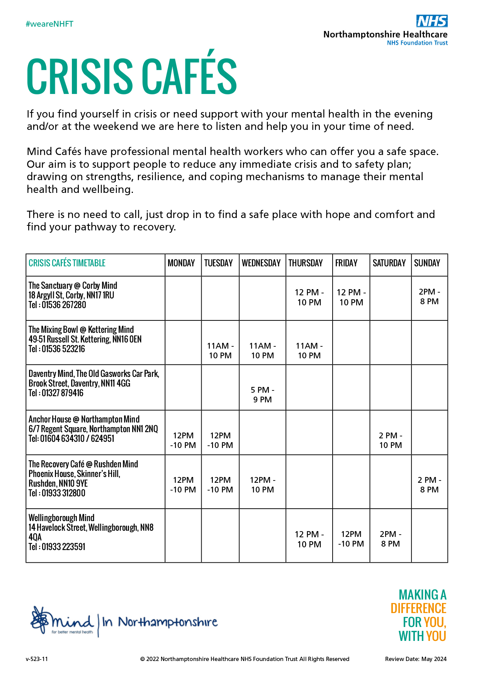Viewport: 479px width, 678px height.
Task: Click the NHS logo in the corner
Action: [x=432, y=21]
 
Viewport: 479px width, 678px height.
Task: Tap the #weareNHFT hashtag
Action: [x=49, y=24]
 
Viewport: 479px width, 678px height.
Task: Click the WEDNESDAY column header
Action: [x=261, y=263]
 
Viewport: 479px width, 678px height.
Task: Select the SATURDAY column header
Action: [x=389, y=263]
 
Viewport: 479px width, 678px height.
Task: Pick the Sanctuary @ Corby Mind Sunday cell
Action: [x=429, y=297]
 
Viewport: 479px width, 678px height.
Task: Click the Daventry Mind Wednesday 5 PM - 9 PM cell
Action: [x=262, y=395]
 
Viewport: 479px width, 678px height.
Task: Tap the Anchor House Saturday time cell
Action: [x=391, y=440]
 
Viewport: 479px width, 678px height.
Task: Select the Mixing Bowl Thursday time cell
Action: [x=309, y=351]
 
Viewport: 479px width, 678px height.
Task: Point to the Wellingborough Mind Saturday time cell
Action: [x=391, y=539]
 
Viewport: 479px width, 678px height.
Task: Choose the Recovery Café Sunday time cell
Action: [x=429, y=485]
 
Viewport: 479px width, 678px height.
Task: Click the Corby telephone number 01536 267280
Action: [x=64, y=305]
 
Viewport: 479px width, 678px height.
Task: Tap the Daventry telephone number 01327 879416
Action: [x=62, y=393]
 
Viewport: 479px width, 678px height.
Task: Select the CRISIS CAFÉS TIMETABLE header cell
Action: [x=67, y=263]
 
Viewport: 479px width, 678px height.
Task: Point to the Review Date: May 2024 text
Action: [x=416, y=659]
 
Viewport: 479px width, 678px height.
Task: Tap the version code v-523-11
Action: [x=37, y=659]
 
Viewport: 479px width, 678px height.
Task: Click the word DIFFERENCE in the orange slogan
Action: [x=418, y=608]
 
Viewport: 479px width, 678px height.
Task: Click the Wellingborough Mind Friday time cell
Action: [x=351, y=539]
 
